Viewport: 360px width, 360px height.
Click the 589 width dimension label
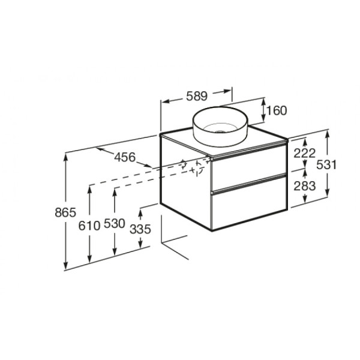[x=197, y=96]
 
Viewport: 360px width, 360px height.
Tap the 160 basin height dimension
[x=277, y=110]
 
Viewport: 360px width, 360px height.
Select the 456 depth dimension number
[x=125, y=157]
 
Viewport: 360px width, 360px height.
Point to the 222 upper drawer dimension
[x=305, y=154]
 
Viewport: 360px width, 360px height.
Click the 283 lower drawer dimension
[x=305, y=186]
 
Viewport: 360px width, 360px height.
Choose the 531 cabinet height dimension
[x=326, y=164]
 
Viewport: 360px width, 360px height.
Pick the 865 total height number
[x=65, y=212]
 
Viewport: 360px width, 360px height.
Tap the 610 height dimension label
[x=89, y=226]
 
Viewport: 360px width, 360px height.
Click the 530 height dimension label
[x=115, y=223]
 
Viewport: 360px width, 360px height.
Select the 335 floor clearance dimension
[x=140, y=229]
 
